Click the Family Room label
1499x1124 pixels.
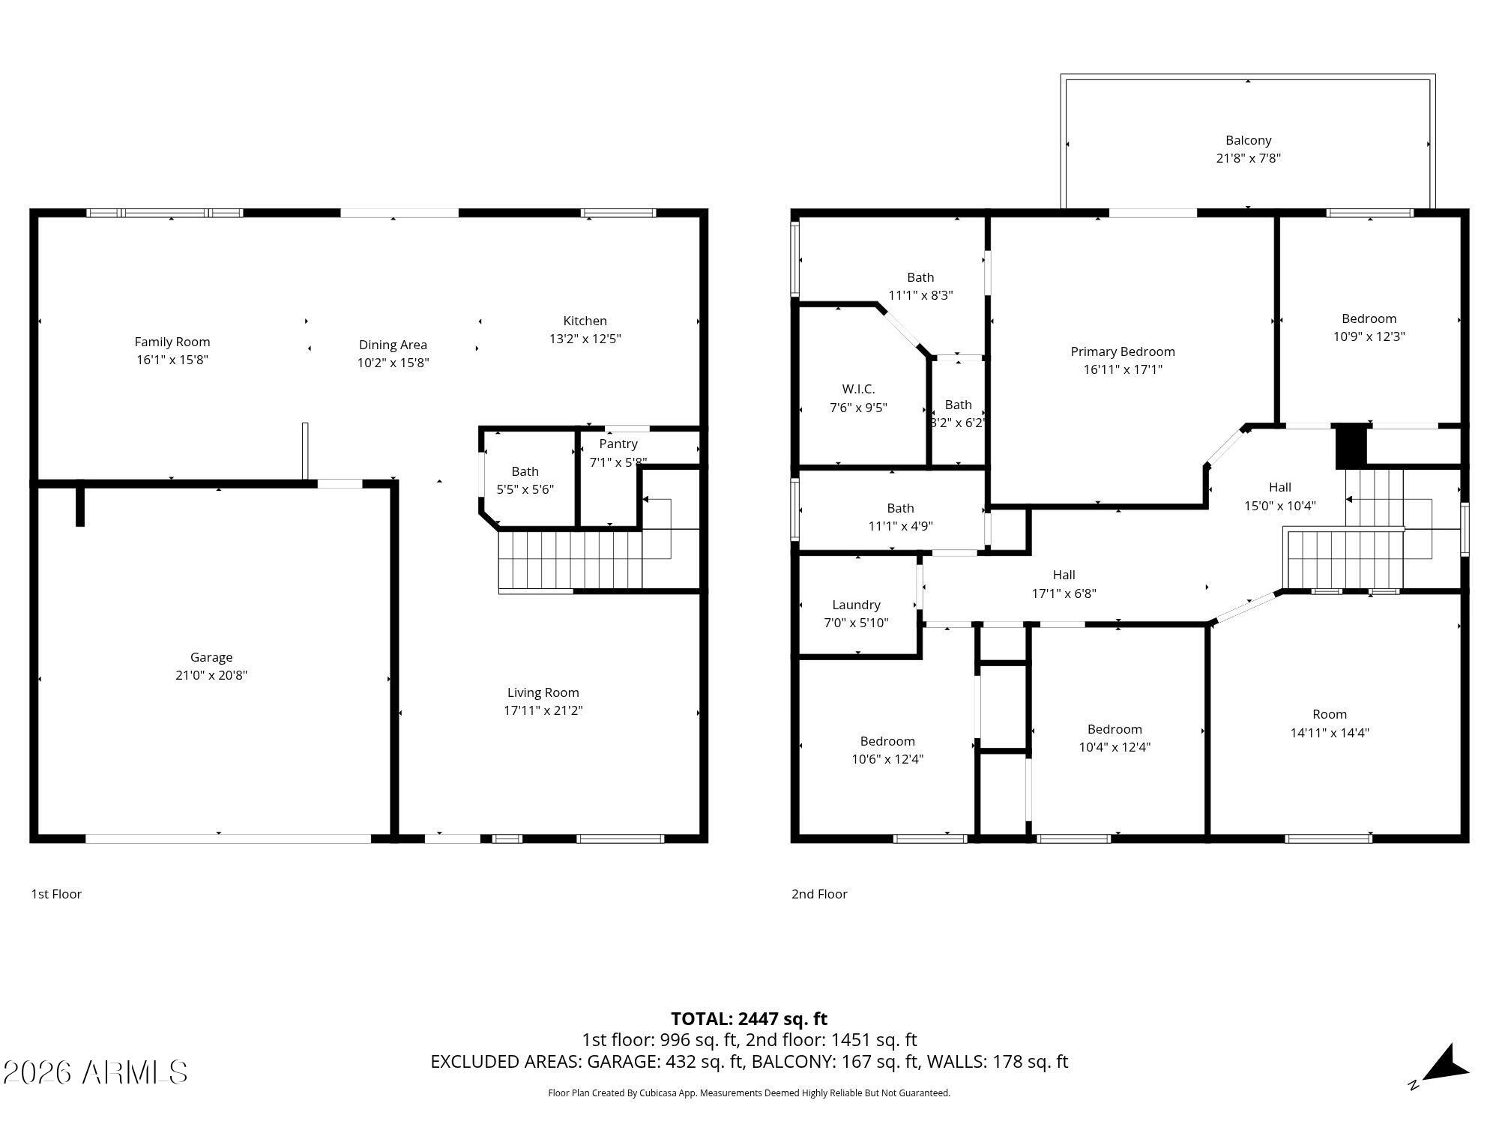(x=172, y=342)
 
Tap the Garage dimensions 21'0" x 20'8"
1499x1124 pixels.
(x=211, y=675)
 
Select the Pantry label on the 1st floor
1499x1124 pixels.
(x=618, y=444)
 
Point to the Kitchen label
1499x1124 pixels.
(x=585, y=321)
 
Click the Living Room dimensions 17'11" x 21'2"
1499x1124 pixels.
(x=543, y=710)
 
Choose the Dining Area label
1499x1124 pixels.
(x=393, y=345)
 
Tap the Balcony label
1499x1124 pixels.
(x=1249, y=140)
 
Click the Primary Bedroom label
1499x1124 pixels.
(x=1123, y=351)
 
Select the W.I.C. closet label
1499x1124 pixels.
(x=858, y=389)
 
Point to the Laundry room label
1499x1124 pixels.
(x=856, y=605)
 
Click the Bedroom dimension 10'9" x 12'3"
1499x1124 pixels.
(x=1369, y=336)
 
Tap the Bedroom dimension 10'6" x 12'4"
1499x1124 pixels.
(x=887, y=759)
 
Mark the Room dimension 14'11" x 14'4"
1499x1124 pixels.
(x=1330, y=733)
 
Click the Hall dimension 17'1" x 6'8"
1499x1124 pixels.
(x=1064, y=593)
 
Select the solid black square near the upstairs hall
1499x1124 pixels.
(x=1352, y=447)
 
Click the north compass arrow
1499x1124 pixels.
(x=1444, y=1064)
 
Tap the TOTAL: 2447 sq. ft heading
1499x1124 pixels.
(x=749, y=1019)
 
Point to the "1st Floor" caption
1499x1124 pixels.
(x=56, y=894)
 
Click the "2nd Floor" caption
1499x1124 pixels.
(x=819, y=894)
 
